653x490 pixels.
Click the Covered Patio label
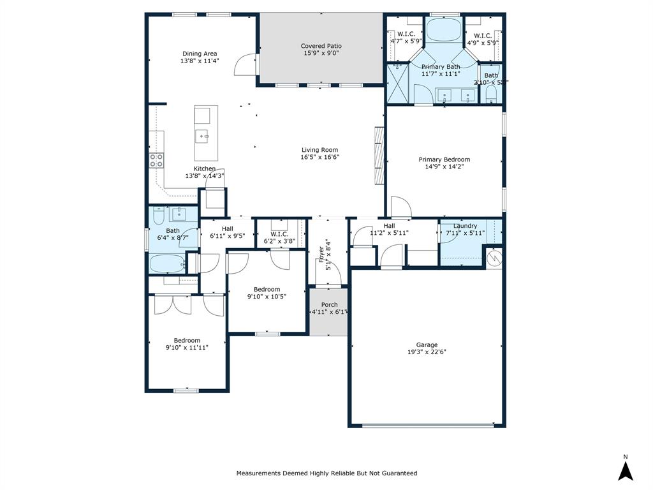point(321,46)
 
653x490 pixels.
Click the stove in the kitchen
point(156,160)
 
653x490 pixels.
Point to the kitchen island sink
point(202,135)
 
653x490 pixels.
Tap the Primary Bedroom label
point(444,160)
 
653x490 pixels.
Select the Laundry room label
point(465,226)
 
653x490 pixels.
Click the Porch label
point(329,305)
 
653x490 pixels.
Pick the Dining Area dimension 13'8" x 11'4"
point(200,61)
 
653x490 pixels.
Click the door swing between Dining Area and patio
point(245,65)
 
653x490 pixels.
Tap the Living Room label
point(319,151)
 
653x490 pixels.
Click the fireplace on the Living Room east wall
point(379,155)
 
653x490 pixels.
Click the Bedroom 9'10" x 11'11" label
point(187,341)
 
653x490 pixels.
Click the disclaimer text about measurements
point(326,473)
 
